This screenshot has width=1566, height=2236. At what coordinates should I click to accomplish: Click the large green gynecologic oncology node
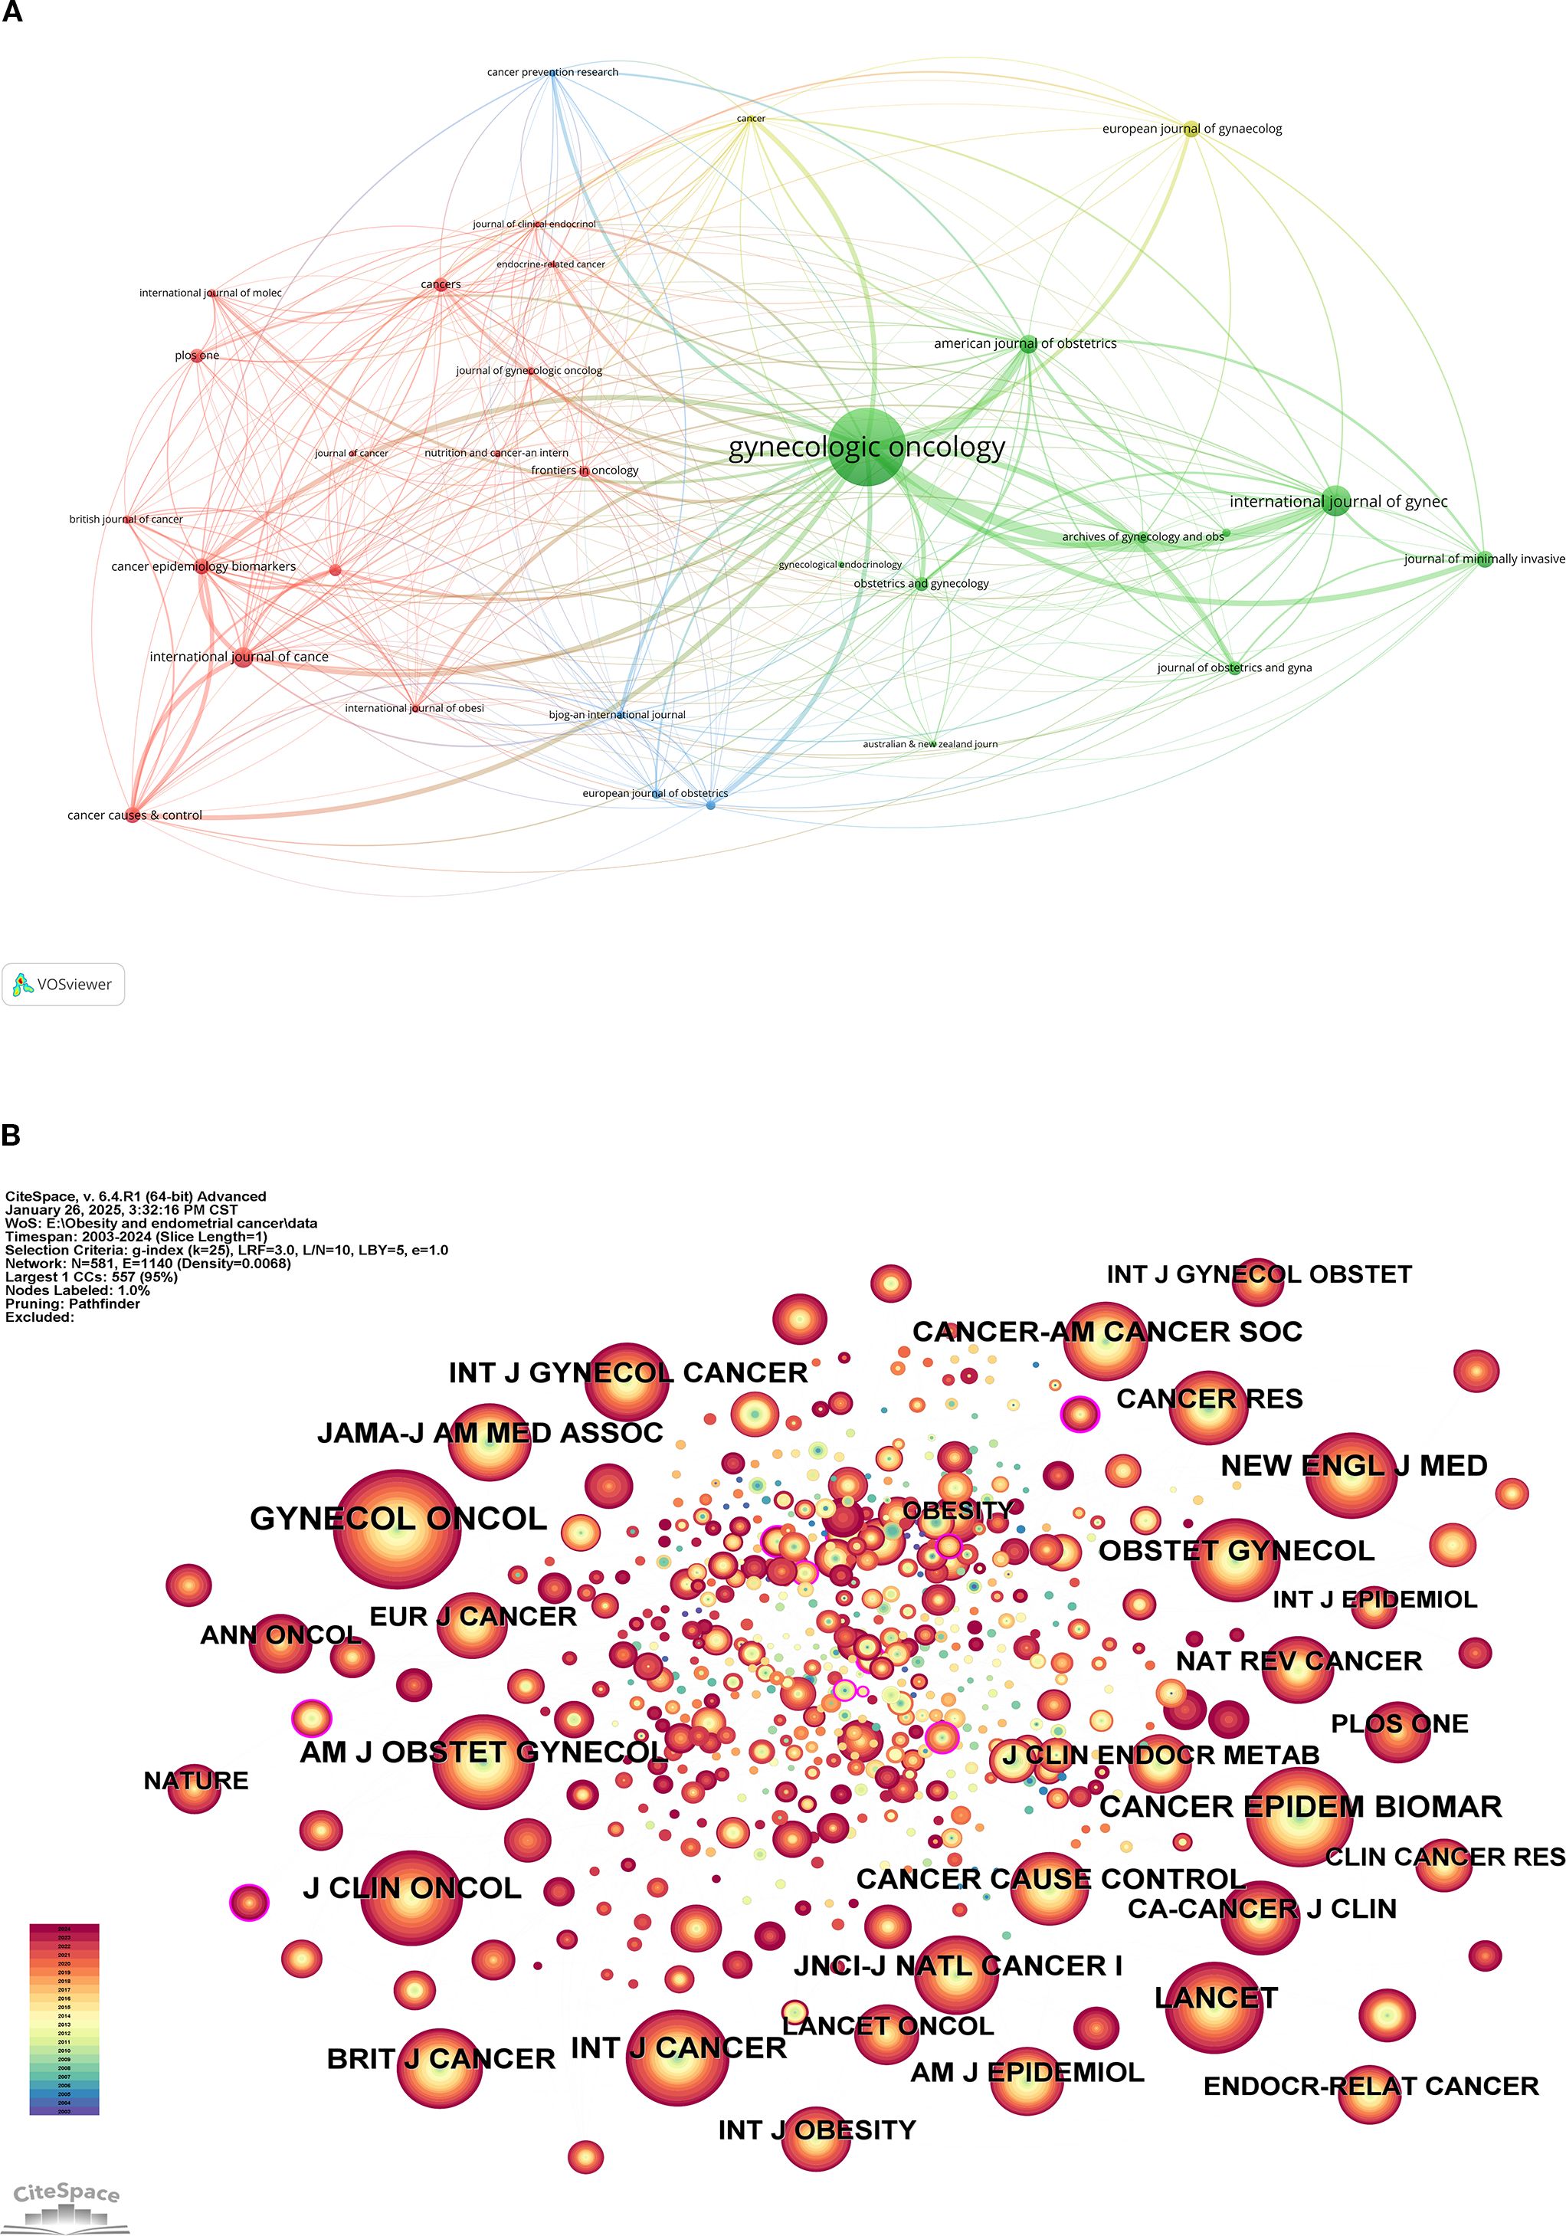(866, 447)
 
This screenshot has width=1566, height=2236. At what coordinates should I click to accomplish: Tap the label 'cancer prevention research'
(552, 72)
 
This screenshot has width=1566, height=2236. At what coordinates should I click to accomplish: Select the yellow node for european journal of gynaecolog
(1190, 130)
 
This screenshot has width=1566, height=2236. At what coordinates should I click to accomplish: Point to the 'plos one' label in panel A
(197, 356)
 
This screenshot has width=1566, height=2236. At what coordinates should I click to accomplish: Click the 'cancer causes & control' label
(134, 815)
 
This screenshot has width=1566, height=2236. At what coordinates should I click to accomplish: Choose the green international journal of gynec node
(1336, 500)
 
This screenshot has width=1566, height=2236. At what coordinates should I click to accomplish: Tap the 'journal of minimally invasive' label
(1483, 559)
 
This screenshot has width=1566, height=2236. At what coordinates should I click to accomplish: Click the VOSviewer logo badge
(64, 985)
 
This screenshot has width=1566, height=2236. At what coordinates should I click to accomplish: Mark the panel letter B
(11, 1135)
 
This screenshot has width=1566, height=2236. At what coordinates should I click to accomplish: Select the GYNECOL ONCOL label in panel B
(398, 1518)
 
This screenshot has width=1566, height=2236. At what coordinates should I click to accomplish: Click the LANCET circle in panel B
(1214, 2007)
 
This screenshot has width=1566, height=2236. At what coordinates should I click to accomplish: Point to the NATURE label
(196, 1780)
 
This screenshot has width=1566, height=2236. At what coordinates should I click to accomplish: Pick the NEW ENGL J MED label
(1354, 1466)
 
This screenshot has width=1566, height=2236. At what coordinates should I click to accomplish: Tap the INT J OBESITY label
(816, 2129)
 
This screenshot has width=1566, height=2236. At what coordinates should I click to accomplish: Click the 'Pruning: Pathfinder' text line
(73, 1304)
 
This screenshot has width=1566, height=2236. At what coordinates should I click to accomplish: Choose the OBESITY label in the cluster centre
(958, 1510)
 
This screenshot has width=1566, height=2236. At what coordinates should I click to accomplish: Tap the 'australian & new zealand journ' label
(930, 744)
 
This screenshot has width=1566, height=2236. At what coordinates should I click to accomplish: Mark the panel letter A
(11, 13)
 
